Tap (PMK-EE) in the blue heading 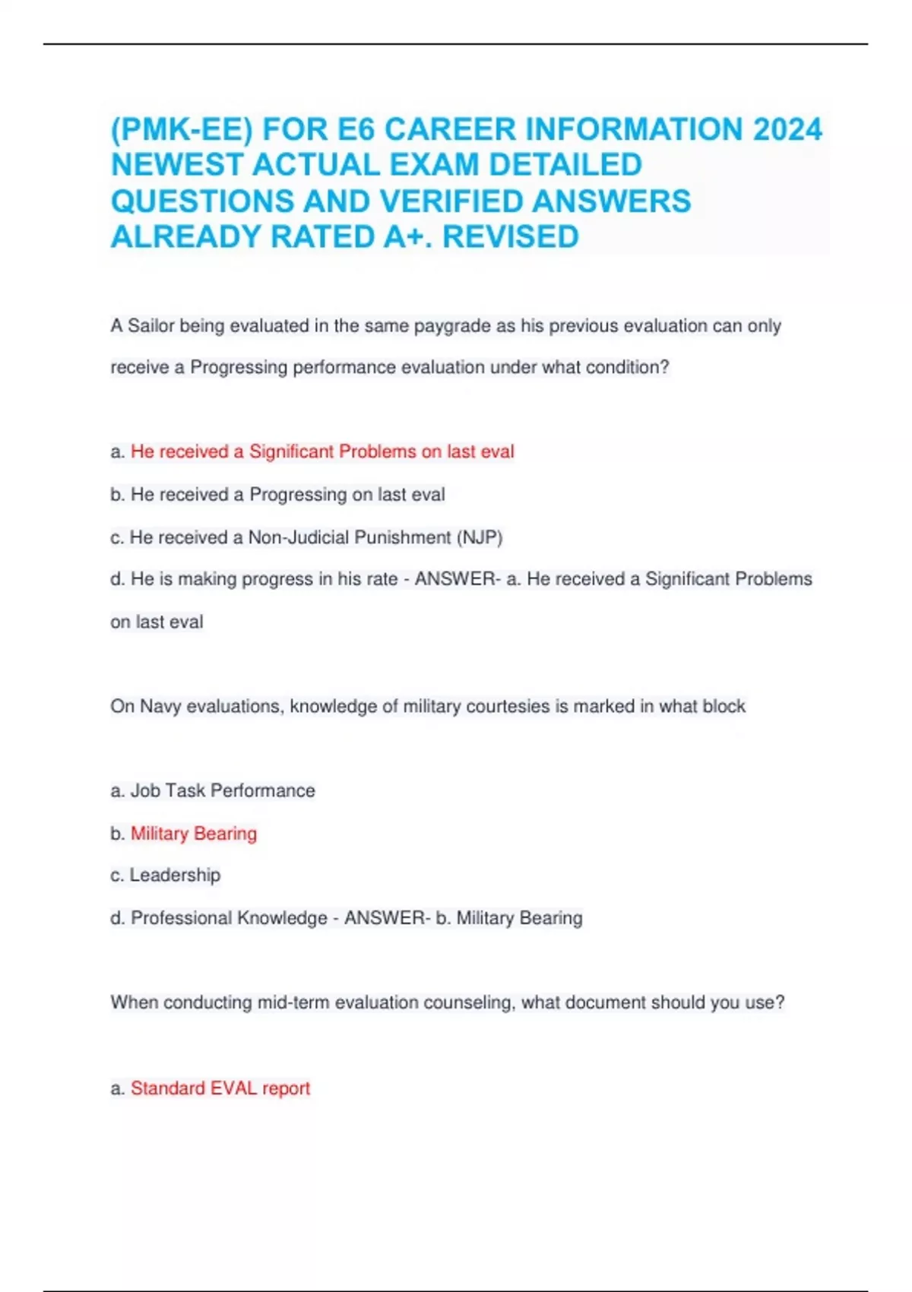(182, 129)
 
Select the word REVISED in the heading (511, 237)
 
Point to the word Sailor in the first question (150, 326)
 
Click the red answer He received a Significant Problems (322, 451)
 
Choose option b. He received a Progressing (277, 495)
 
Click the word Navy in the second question (160, 707)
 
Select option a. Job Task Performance (213, 790)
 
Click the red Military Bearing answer (194, 834)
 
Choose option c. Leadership (166, 876)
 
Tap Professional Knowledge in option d (229, 918)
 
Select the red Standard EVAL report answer (220, 1088)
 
